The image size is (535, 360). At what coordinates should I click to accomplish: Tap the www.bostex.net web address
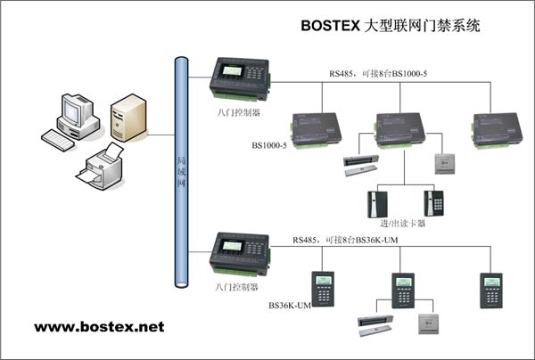99,327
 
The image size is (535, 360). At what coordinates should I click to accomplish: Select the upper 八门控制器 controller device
238,78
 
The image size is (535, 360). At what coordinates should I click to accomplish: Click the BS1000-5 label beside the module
269,146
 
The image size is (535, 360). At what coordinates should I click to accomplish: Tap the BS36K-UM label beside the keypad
290,305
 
